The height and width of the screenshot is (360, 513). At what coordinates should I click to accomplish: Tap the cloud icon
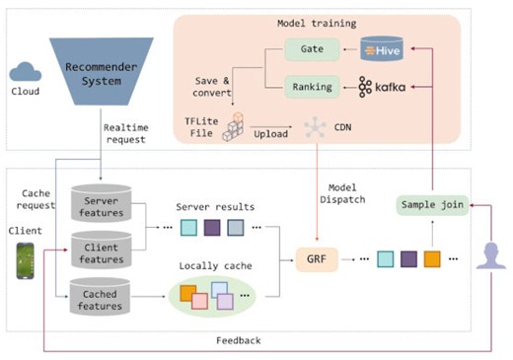coord(21,71)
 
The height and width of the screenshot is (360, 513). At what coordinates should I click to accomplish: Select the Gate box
coord(303,48)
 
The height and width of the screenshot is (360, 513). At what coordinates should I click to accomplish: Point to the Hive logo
coord(382,46)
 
